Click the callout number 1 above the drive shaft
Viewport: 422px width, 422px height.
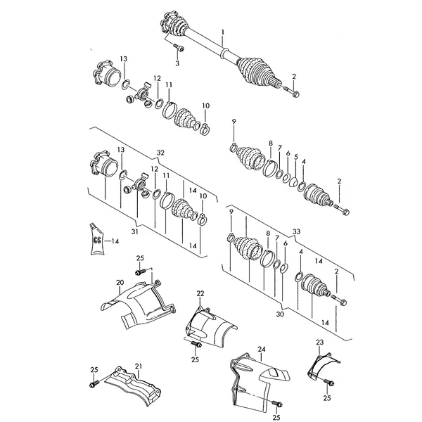click(222, 32)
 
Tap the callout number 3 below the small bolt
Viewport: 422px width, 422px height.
click(177, 63)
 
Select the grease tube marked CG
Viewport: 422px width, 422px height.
click(96, 239)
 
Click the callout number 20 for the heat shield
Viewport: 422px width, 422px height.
click(120, 283)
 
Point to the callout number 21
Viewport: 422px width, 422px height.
click(139, 366)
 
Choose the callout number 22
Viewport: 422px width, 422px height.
click(200, 293)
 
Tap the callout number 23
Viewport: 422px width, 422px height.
click(319, 343)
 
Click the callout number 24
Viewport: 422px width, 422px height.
click(262, 350)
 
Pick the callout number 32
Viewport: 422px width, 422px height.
click(160, 153)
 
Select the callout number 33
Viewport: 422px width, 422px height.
click(296, 231)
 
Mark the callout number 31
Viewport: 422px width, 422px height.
click(134, 231)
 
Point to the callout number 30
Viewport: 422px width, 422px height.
click(280, 314)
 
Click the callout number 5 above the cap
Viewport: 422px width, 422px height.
click(296, 157)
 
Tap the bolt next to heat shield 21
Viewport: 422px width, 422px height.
click(94, 383)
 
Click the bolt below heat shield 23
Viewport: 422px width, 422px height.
click(328, 382)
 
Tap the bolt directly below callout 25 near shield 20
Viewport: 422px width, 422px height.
click(140, 271)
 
